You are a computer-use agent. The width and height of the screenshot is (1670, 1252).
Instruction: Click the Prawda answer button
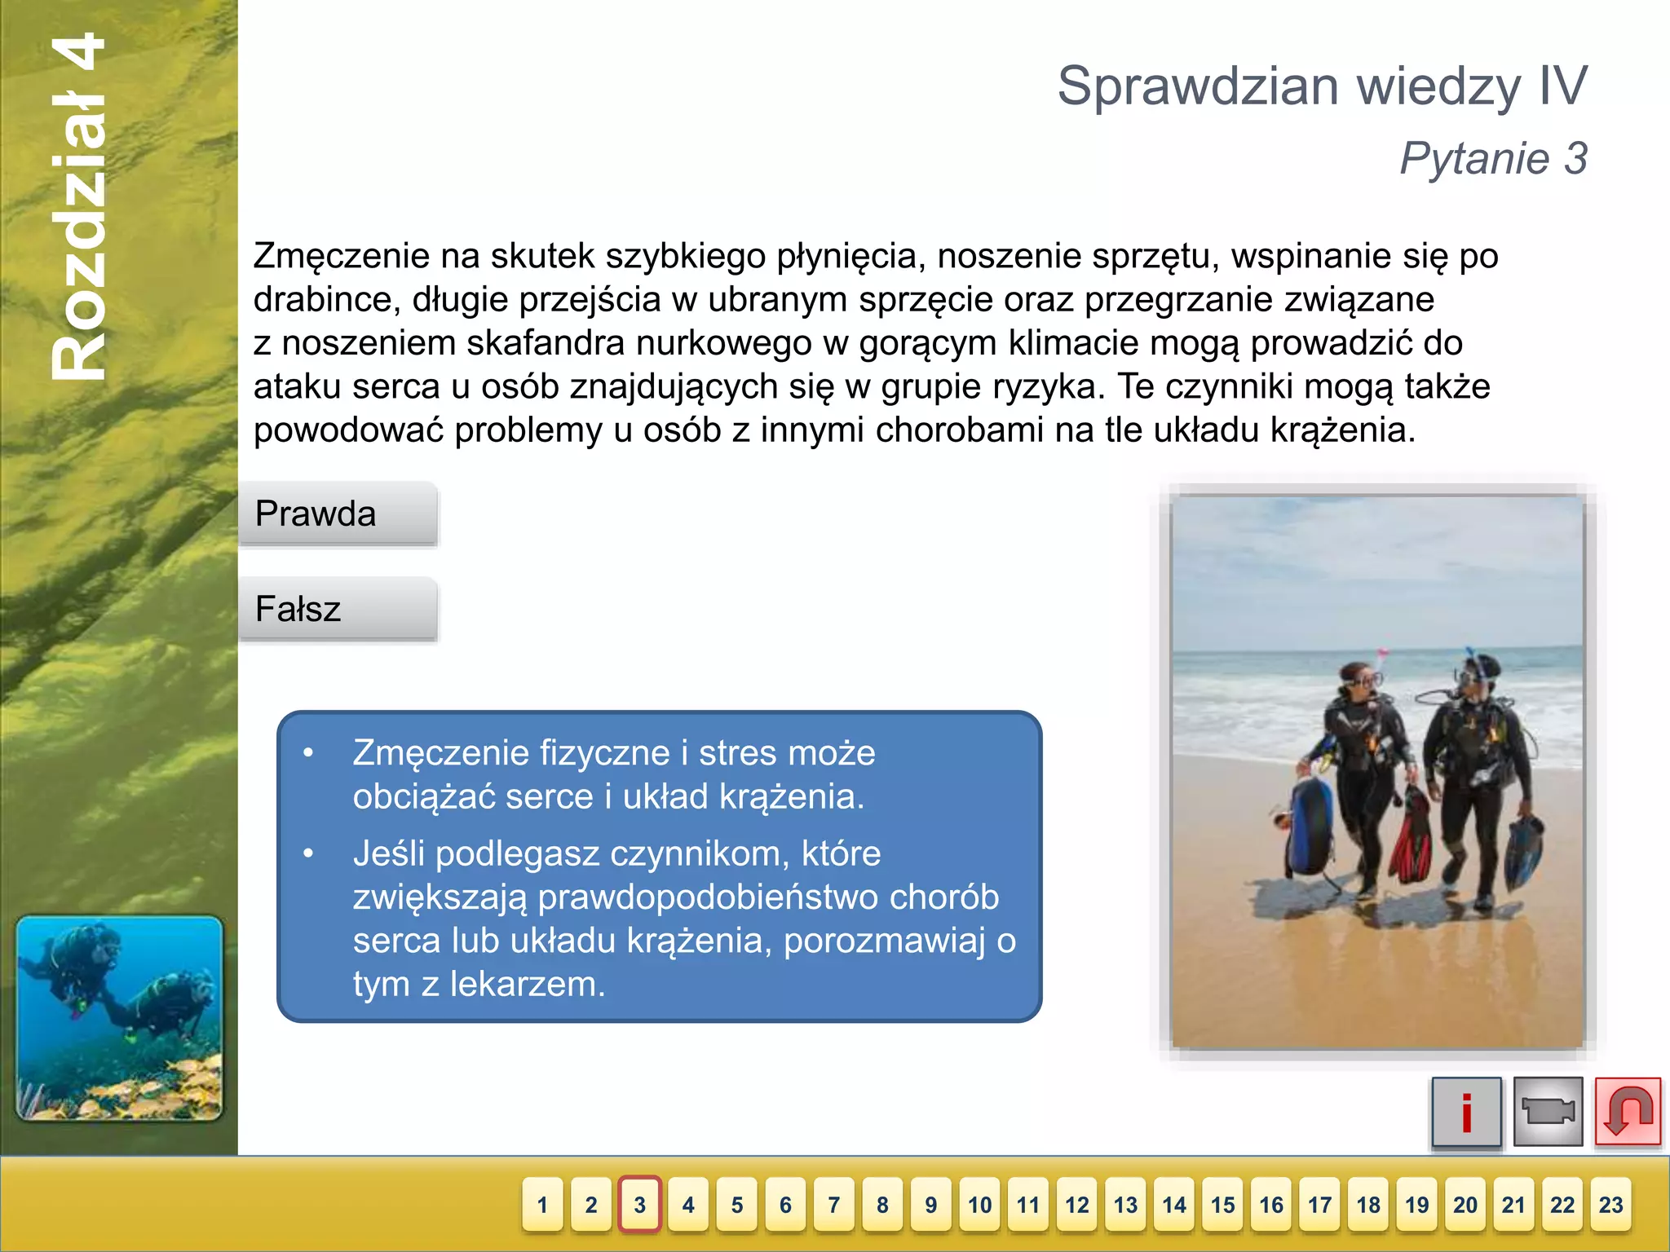[338, 514]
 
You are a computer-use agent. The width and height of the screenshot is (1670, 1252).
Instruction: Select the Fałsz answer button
[338, 609]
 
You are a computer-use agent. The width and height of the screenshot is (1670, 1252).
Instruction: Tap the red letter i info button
[1466, 1112]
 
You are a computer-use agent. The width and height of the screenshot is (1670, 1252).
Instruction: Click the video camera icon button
[1548, 1112]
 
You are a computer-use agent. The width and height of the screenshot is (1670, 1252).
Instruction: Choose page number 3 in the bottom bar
[639, 1205]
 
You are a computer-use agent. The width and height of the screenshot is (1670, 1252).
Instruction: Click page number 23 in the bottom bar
[1610, 1205]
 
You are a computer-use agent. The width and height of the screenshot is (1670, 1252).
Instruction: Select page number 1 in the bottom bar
[542, 1205]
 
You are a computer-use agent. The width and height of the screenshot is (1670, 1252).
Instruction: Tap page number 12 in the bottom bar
[1076, 1205]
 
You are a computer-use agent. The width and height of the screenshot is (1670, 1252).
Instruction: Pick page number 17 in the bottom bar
[1319, 1205]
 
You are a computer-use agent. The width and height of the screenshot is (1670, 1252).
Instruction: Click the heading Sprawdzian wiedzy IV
[1322, 86]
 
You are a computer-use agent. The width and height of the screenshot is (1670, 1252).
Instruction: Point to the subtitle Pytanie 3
[1493, 158]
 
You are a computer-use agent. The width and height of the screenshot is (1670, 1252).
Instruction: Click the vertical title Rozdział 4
[79, 208]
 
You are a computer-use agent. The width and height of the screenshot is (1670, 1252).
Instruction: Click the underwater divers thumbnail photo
[119, 1019]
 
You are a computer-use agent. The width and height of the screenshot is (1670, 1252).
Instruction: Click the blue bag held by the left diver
[1310, 827]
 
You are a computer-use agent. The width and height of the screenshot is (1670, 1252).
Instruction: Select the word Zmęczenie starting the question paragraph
[341, 257]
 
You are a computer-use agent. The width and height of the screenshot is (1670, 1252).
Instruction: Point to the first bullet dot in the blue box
[308, 753]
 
